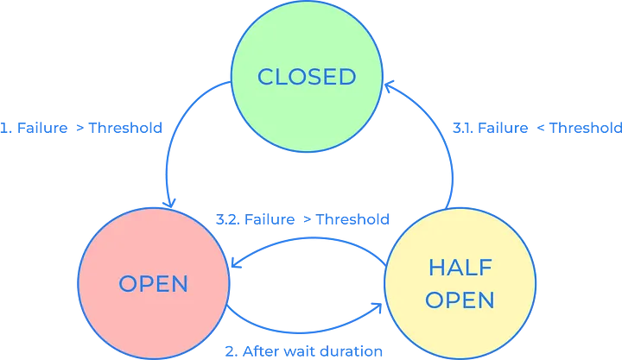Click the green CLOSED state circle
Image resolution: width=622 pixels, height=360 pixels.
[307, 76]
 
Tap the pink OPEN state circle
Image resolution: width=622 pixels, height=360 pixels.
[154, 284]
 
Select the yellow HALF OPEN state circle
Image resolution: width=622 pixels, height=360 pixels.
[460, 284]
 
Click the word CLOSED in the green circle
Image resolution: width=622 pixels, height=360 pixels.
[307, 77]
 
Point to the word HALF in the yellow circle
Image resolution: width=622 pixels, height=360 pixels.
[460, 268]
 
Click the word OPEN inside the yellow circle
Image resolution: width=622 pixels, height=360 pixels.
[460, 300]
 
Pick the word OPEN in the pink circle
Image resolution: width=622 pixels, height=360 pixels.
[154, 284]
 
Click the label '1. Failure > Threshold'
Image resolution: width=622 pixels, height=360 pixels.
[81, 128]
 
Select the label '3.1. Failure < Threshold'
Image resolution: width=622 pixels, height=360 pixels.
[536, 128]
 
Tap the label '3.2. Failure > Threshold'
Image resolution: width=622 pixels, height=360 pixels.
[302, 219]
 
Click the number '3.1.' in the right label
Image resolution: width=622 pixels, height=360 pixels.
[466, 128]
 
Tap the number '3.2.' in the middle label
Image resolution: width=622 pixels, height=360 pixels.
[228, 219]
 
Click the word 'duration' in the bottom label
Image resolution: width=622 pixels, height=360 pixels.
[352, 351]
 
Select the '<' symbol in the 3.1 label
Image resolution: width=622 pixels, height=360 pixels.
[541, 128]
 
